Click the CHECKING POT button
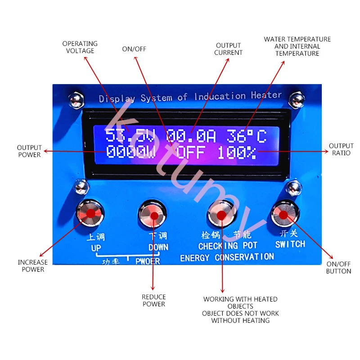coord(221,215)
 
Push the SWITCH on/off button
coord(284,215)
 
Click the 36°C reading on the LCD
coord(246,136)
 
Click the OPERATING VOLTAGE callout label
coord(80,47)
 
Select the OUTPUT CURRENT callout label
coord(229,49)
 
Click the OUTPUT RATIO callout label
coord(341,149)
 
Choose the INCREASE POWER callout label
coord(33,266)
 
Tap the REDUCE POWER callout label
coord(154,301)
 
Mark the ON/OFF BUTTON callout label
coord(339,268)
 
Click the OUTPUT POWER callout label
coord(29,151)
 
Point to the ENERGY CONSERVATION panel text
coord(227,258)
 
